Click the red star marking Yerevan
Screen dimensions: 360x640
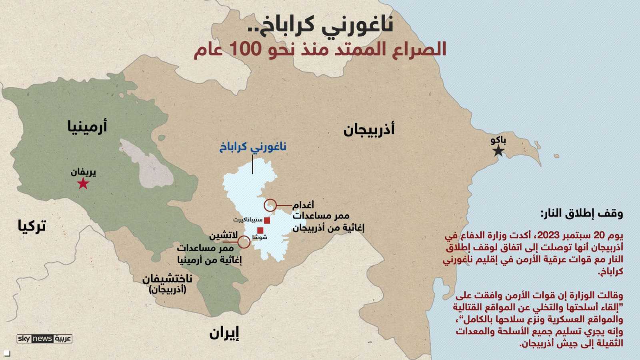click(x=83, y=184)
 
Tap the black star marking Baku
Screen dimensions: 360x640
click(x=498, y=151)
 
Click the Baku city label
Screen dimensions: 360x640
click(x=498, y=140)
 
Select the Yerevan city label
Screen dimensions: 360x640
click(x=83, y=172)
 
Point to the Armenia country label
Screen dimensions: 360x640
click(x=87, y=126)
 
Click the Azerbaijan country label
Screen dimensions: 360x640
click(x=369, y=130)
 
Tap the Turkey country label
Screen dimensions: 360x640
click(x=32, y=226)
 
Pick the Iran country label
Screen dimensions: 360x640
click(x=224, y=333)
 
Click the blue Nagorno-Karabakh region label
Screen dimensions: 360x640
click(x=252, y=147)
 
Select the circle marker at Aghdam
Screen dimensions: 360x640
click(x=270, y=205)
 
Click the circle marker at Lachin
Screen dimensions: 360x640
click(x=244, y=242)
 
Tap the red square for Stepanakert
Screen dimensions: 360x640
click(x=267, y=220)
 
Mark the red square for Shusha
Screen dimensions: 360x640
click(x=260, y=230)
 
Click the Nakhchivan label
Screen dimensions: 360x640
click(x=168, y=279)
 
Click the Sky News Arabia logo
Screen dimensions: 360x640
click(x=44, y=339)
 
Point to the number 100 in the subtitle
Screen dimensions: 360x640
click(x=245, y=49)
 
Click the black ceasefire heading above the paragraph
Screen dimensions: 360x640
click(x=582, y=214)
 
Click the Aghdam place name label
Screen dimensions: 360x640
click(x=303, y=205)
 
